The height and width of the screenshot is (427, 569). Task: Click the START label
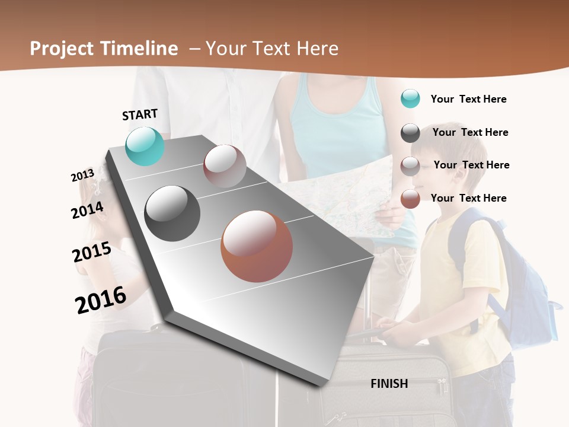click(140, 114)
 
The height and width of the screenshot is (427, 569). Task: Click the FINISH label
click(389, 384)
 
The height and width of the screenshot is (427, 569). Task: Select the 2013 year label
click(82, 176)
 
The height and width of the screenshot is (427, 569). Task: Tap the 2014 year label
click(87, 210)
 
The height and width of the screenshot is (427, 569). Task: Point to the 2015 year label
click(92, 252)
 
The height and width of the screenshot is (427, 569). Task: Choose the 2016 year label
click(101, 299)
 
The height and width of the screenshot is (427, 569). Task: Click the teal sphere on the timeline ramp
click(145, 146)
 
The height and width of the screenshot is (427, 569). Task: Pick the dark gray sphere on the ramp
click(172, 213)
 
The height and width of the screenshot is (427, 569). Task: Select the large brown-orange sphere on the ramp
click(257, 246)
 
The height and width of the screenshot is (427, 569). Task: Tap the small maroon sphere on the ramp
click(225, 166)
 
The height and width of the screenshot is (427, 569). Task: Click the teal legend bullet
click(410, 98)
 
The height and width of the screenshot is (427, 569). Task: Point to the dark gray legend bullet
click(410, 133)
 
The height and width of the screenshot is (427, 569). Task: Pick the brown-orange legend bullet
click(410, 199)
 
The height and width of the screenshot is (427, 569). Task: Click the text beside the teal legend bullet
click(468, 99)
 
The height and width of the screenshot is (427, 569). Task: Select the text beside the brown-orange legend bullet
click(468, 198)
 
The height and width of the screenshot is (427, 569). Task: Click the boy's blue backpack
click(522, 285)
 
